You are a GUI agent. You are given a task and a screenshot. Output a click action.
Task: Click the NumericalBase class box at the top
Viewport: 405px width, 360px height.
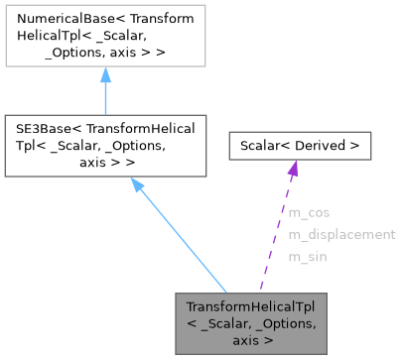[104, 37]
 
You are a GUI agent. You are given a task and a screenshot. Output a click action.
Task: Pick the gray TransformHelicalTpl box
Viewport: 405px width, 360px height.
[251, 323]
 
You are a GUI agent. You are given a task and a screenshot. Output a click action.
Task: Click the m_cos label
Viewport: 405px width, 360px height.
[309, 212]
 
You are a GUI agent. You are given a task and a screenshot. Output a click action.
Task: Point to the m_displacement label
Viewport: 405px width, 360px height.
[341, 235]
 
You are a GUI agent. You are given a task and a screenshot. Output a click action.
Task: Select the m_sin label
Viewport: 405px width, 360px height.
[307, 257]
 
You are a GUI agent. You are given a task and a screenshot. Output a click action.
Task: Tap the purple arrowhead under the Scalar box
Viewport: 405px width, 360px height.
[293, 171]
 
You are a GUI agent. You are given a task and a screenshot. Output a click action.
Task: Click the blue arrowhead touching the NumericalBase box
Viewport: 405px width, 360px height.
[104, 76]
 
